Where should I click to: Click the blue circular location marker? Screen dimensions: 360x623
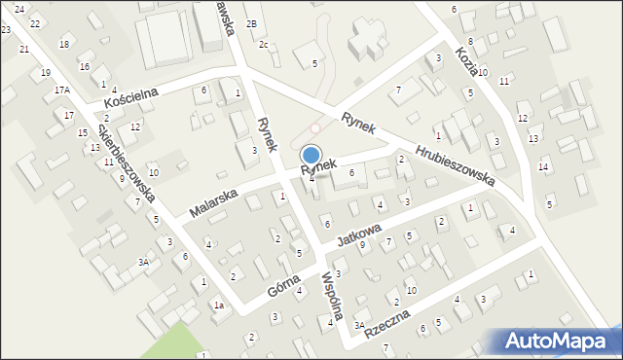tap(311, 154)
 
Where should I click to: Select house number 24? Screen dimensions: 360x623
tap(18, 8)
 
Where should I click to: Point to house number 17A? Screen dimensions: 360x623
tap(62, 90)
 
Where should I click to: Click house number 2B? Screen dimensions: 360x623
tap(251, 23)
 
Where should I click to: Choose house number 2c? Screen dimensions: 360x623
tap(263, 44)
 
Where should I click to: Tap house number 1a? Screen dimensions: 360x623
tap(219, 306)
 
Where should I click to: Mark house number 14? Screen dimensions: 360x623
tap(543, 167)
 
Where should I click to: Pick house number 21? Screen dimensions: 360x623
tap(24, 49)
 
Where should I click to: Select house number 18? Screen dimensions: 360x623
tap(64, 44)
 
